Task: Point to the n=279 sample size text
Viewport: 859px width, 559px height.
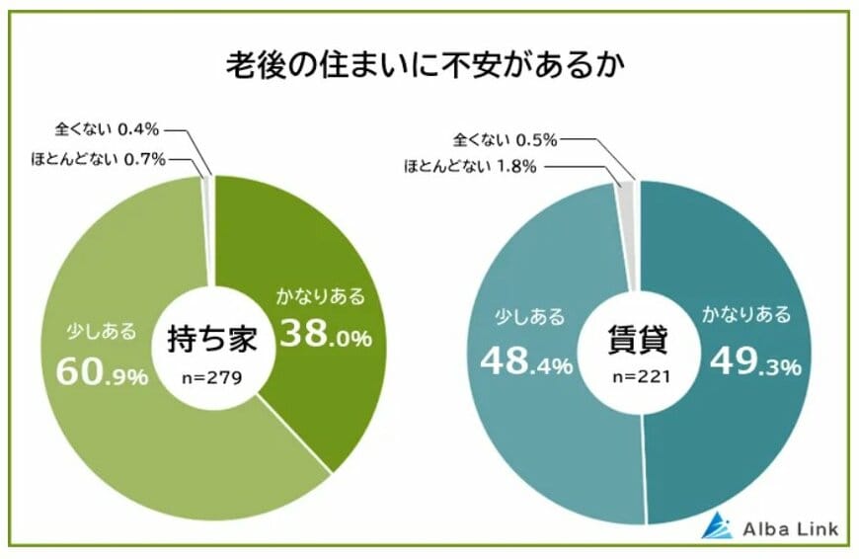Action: (x=213, y=376)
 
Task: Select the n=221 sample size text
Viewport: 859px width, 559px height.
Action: (x=639, y=376)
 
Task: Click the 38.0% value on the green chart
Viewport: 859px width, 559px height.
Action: (x=325, y=336)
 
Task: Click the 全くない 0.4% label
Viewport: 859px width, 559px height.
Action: (x=108, y=128)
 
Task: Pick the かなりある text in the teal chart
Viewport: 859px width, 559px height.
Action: (x=746, y=315)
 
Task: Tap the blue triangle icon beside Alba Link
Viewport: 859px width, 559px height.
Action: (x=716, y=526)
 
